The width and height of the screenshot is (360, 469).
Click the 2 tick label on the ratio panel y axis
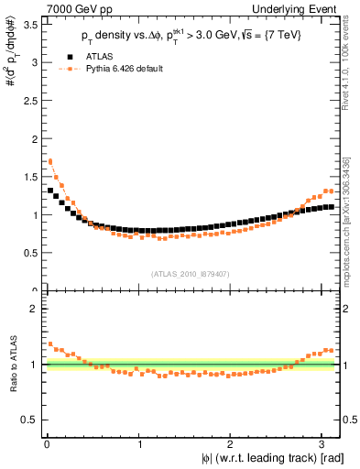click(34, 309)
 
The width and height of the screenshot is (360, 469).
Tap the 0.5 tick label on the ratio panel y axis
click(30, 420)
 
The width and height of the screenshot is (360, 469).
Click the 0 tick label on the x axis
click(47, 445)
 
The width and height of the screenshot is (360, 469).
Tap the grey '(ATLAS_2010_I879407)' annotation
click(190, 272)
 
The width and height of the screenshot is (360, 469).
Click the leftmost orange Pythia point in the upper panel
click(50, 161)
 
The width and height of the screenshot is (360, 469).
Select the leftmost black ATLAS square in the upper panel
click(50, 191)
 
